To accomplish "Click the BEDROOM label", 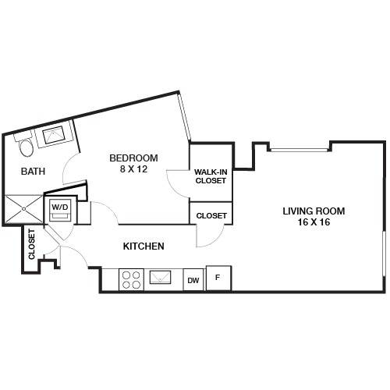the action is click(133, 158).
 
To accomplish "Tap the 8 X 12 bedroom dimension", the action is click(133, 169).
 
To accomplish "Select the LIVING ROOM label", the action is click(314, 211).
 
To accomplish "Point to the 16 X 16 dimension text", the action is click(314, 222).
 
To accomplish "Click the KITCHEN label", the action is click(144, 246).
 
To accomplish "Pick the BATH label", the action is click(33, 172).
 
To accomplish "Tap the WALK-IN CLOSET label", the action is click(211, 176).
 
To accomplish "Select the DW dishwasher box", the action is click(194, 280).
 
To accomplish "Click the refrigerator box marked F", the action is click(218, 278).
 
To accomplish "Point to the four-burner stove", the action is click(131, 280).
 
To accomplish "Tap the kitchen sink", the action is click(160, 277).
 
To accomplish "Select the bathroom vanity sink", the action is click(54, 135).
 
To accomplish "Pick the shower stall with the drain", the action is click(24, 209).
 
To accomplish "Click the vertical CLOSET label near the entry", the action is click(31, 244).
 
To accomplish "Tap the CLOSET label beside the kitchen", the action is click(211, 216).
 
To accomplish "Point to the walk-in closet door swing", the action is click(178, 184).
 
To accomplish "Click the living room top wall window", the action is click(300, 150).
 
